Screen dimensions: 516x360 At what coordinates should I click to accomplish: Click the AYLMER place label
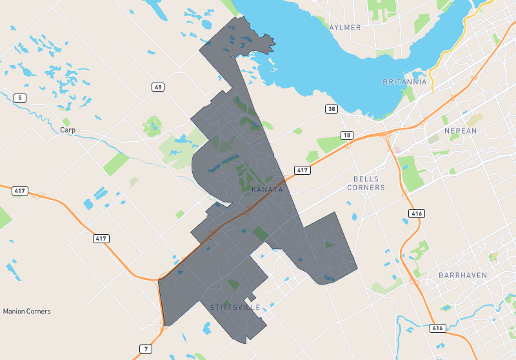345,28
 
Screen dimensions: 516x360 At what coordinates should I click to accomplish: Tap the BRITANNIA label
404,82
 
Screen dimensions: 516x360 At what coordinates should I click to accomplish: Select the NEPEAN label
461,131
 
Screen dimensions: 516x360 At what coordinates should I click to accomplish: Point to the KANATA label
267,190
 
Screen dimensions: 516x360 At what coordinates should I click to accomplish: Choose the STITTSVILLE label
235,307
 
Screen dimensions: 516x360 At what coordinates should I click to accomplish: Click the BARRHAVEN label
462,275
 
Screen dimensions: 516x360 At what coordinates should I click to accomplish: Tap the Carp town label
68,130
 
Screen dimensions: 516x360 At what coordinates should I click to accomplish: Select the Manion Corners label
26,311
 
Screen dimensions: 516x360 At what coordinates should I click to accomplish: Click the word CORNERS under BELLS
366,188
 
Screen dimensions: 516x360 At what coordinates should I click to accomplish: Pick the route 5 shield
21,98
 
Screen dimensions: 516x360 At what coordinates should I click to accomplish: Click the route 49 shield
159,87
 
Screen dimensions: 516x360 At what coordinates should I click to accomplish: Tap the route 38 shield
332,109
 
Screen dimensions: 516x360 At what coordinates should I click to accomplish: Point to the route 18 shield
347,135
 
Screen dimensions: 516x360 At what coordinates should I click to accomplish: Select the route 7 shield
146,349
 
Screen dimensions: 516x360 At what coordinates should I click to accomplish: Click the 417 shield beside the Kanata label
303,170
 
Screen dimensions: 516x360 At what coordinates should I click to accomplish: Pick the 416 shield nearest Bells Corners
416,214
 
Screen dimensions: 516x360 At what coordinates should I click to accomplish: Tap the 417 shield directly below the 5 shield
20,191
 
